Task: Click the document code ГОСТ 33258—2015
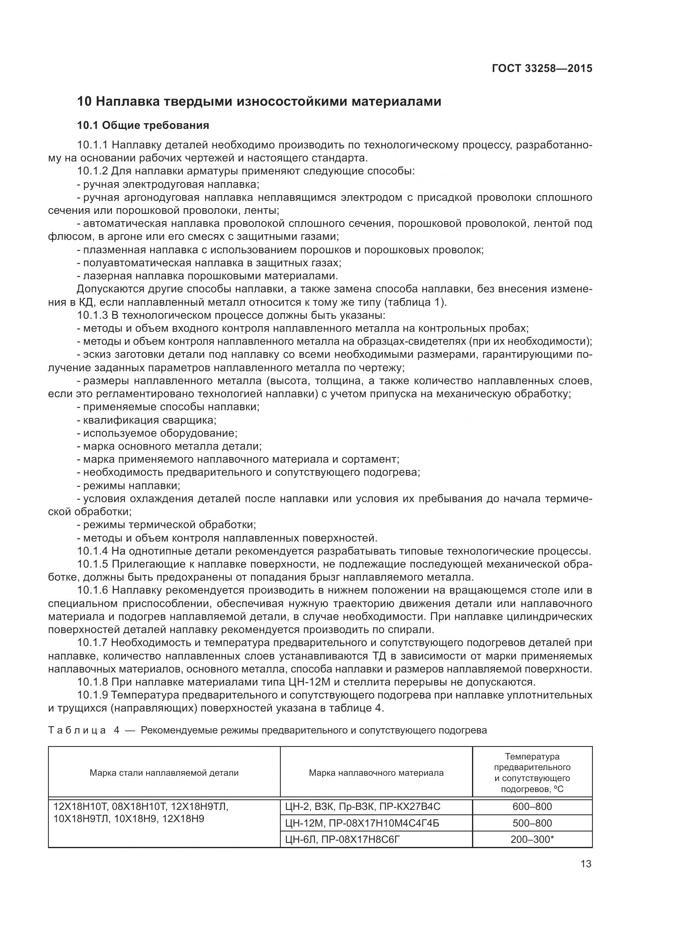pos(542,68)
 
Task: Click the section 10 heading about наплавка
pos(259,102)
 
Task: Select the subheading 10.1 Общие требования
pos(143,125)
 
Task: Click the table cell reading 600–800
pos(532,806)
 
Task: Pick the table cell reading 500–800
pos(532,823)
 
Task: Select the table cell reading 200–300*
pos(532,839)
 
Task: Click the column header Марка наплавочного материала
pos(376,773)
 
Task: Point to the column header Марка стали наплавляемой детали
pos(164,773)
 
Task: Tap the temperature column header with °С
pos(532,773)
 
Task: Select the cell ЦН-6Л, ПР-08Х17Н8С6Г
pos(343,839)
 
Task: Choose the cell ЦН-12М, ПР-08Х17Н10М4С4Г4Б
pos(362,823)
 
